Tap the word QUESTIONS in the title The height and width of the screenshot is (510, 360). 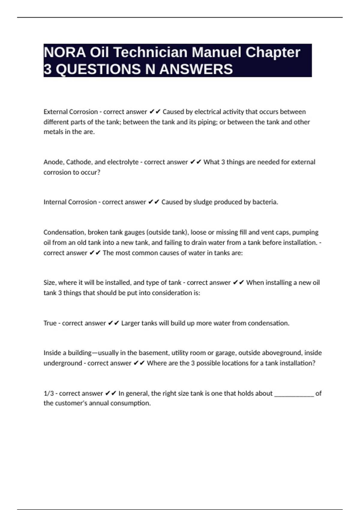click(x=98, y=69)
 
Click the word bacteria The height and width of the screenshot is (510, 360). click(x=265, y=202)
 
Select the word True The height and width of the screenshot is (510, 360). click(x=50, y=323)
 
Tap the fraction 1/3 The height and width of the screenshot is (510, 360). click(x=49, y=393)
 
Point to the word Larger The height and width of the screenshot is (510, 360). click(x=130, y=323)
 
